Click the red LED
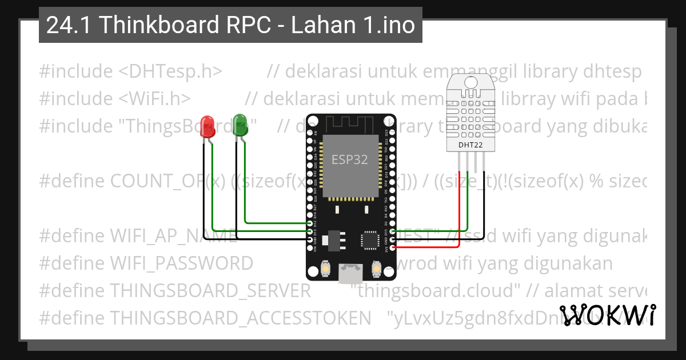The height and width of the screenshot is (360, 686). [208, 126]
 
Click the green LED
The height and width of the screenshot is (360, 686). [240, 126]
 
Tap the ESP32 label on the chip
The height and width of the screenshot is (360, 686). [350, 159]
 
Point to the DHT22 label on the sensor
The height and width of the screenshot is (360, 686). [470, 145]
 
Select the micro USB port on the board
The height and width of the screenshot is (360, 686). [350, 274]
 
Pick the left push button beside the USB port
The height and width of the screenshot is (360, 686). [325, 268]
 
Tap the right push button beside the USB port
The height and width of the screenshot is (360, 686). [377, 267]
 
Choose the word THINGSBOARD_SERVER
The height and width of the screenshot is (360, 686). [210, 290]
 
